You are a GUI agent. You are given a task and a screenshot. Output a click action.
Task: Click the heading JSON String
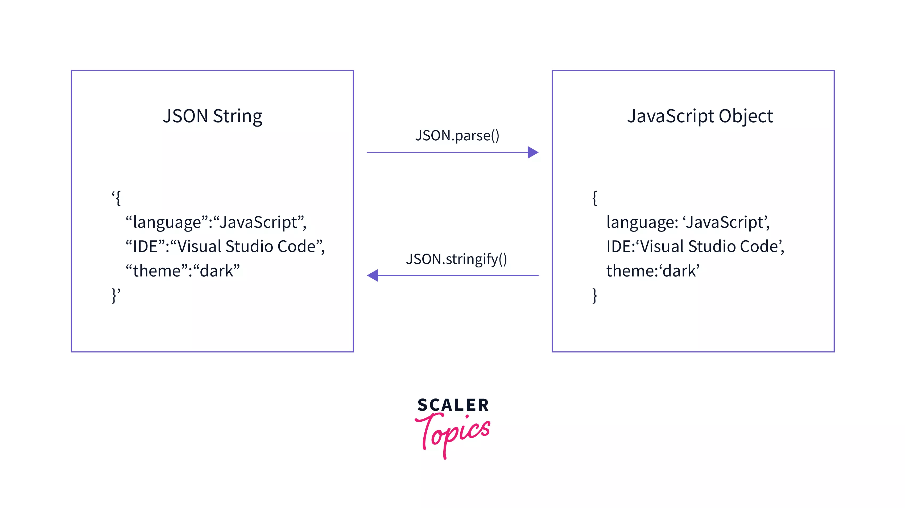pos(212,116)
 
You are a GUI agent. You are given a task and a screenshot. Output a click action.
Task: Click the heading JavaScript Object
pos(700,116)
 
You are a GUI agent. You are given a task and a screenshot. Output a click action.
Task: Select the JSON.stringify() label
pos(456,259)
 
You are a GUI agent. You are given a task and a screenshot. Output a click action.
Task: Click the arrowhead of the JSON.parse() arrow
pos(533,152)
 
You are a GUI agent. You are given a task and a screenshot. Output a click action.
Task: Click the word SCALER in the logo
pos(453,405)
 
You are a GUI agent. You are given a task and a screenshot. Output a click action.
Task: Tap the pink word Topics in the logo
pos(453,434)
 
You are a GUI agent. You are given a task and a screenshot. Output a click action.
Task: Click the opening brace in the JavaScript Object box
pos(594,198)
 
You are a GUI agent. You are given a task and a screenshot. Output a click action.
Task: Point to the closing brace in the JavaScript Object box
pos(594,295)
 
